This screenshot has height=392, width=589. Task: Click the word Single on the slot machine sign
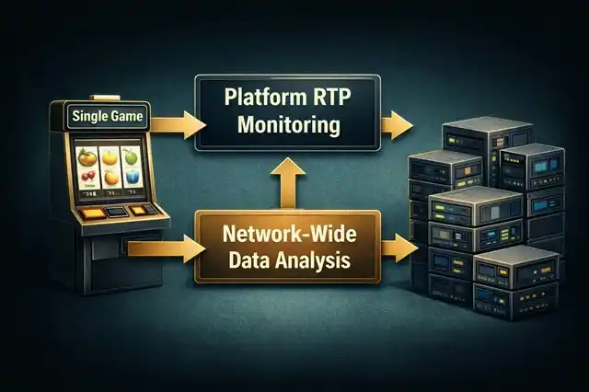click(x=83, y=116)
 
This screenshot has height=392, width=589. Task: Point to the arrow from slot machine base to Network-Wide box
click(x=166, y=246)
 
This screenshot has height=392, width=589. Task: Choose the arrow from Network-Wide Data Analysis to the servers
click(x=398, y=246)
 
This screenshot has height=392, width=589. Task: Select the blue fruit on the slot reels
click(x=133, y=178)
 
